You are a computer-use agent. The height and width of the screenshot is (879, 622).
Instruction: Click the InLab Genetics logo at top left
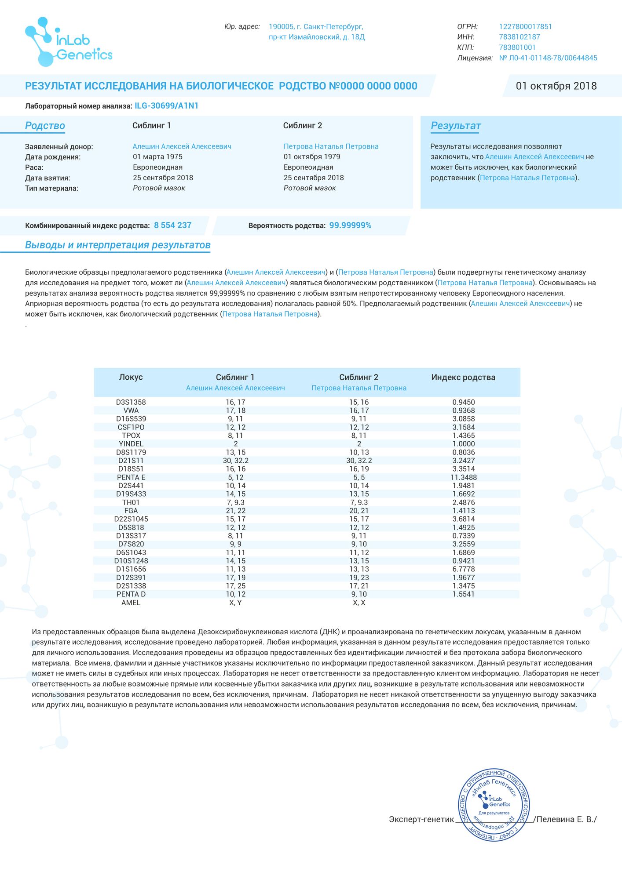(69, 42)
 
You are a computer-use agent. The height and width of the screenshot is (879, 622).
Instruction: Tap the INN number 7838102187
(519, 37)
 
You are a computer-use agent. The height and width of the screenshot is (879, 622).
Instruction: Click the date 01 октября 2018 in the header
(556, 86)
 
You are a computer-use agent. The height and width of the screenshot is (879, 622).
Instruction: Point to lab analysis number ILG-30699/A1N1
(166, 106)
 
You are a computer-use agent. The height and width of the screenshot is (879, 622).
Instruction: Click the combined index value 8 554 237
(172, 225)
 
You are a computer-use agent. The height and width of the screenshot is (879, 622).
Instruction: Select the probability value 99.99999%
(350, 225)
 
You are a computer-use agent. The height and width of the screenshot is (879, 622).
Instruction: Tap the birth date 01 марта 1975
(157, 157)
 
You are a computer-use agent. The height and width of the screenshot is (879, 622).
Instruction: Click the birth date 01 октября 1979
(311, 157)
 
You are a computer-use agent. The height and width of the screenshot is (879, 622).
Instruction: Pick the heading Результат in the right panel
(455, 126)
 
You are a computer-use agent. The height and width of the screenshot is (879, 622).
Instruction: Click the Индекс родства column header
(463, 378)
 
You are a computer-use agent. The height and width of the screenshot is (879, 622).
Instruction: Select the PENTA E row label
(131, 477)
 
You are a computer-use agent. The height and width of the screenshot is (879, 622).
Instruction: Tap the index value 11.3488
(464, 477)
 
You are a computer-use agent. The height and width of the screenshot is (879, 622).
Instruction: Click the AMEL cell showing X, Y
(236, 603)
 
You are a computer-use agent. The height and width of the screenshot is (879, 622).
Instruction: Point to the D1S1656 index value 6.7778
(464, 569)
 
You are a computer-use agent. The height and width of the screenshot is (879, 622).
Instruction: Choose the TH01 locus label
(131, 502)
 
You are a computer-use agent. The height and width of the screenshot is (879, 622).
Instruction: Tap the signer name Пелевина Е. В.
(566, 819)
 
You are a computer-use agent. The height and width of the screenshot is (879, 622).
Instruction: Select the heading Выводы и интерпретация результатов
(117, 245)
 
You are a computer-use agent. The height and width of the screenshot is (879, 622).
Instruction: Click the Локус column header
(131, 378)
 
